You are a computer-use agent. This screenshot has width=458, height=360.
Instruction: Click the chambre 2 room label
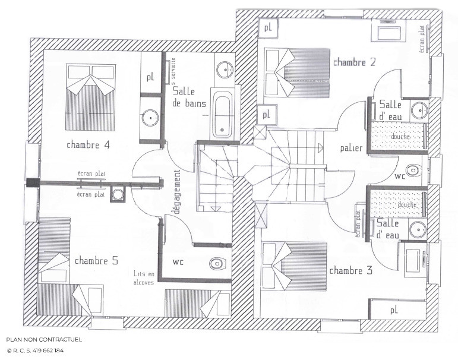coord(354,62)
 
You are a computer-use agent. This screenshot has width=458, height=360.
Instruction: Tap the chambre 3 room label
coord(350,271)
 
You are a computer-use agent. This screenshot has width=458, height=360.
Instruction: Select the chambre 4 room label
coord(88,144)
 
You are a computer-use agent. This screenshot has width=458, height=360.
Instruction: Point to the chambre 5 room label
coord(96,261)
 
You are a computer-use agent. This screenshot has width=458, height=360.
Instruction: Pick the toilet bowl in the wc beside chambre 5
coord(216,263)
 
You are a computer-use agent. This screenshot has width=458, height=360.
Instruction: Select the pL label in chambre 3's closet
coord(393,310)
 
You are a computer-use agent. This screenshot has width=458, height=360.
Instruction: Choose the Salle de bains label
coord(189,97)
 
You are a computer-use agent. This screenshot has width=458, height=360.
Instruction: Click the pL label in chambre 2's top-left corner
coord(268,27)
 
